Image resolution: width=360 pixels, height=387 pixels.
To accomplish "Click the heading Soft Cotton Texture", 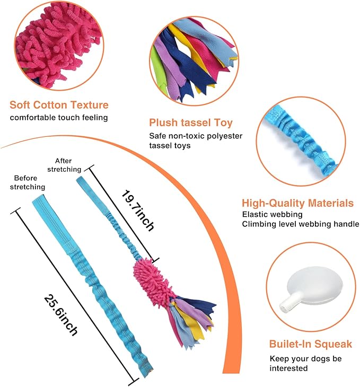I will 59,105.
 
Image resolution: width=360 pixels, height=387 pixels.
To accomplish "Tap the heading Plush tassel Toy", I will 191,122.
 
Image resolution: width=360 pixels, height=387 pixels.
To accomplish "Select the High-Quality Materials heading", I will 297,203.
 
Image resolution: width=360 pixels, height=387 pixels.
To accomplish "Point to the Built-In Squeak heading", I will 310,344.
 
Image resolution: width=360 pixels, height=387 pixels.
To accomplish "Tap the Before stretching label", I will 30,182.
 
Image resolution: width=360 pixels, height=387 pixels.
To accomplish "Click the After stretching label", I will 68,165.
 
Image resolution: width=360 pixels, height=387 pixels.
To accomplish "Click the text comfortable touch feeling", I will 58,117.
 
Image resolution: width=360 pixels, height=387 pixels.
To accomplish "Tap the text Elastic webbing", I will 273,215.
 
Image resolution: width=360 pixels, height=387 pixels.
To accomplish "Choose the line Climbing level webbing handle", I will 301,224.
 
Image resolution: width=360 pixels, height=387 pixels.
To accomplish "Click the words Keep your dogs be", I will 305,358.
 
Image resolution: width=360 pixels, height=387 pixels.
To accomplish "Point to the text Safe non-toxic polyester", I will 196,136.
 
